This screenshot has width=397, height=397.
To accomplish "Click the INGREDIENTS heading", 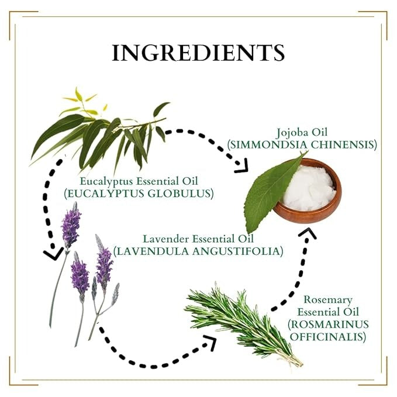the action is coord(198,53).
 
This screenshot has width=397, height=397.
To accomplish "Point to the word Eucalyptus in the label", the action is coord(108,181).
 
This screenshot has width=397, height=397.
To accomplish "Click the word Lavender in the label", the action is coord(165,239).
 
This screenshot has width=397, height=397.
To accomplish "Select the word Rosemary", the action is coord(328,300).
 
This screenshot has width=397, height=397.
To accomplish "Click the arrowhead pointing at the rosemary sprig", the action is coord(210,343).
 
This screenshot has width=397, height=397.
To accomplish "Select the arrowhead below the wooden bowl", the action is coord(308,233).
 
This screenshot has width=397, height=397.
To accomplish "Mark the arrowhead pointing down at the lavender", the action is coord(53,254).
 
